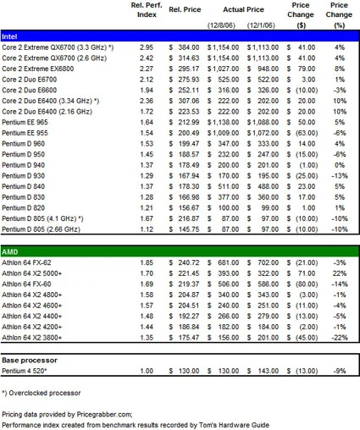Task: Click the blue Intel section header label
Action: point(9,36)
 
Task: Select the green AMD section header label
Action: point(10,251)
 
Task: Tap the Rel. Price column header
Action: point(185,9)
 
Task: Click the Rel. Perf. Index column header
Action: point(147,10)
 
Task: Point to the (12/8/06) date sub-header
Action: point(221,25)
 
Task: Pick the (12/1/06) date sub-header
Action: point(261,25)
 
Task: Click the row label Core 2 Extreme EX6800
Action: point(38,69)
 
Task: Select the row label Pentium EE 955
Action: point(25,133)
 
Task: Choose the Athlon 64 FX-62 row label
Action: point(26,262)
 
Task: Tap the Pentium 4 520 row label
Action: point(25,371)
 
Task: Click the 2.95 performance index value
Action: point(147,47)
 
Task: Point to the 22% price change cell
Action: point(340,273)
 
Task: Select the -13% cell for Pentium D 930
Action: point(340,176)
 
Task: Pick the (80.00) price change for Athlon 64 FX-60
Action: point(307,284)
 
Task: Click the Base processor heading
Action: point(30,361)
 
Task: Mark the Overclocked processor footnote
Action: point(42,393)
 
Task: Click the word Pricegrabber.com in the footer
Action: point(104,414)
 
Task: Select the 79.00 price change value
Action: point(307,69)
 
